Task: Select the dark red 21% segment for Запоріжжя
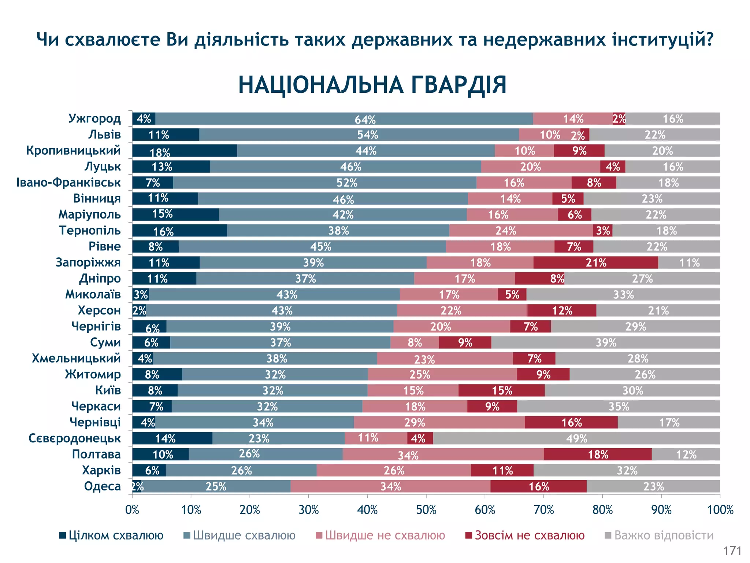(595, 263)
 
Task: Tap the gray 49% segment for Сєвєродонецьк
(576, 438)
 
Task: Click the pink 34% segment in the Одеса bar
(390, 486)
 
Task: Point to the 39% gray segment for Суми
(605, 343)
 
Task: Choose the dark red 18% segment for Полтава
(598, 455)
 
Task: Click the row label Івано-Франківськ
(68, 183)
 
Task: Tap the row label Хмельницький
(76, 358)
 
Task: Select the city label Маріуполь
(89, 214)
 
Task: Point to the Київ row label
(108, 390)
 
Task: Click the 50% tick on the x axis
(426, 510)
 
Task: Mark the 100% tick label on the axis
(720, 510)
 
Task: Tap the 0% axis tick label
(132, 510)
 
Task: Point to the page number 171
(732, 551)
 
